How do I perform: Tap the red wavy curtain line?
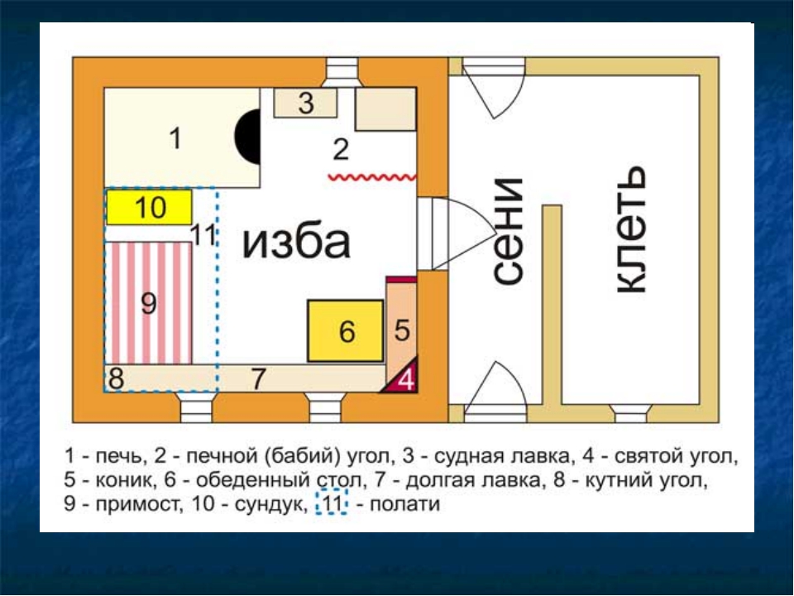[x=372, y=177]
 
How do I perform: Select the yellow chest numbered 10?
[x=149, y=207]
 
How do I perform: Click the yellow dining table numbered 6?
[x=346, y=331]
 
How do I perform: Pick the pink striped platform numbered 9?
[x=148, y=303]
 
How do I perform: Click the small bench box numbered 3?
[x=305, y=103]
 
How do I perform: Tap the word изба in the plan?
[x=296, y=242]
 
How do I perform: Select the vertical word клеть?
[x=630, y=229]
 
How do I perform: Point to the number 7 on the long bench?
[x=258, y=378]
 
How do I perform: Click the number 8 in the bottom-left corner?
[x=116, y=378]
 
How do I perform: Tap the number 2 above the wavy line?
[x=341, y=150]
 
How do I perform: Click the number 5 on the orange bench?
[x=402, y=330]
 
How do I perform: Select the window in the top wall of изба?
[x=342, y=73]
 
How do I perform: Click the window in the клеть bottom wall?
[x=630, y=413]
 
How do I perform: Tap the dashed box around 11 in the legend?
[x=332, y=502]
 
